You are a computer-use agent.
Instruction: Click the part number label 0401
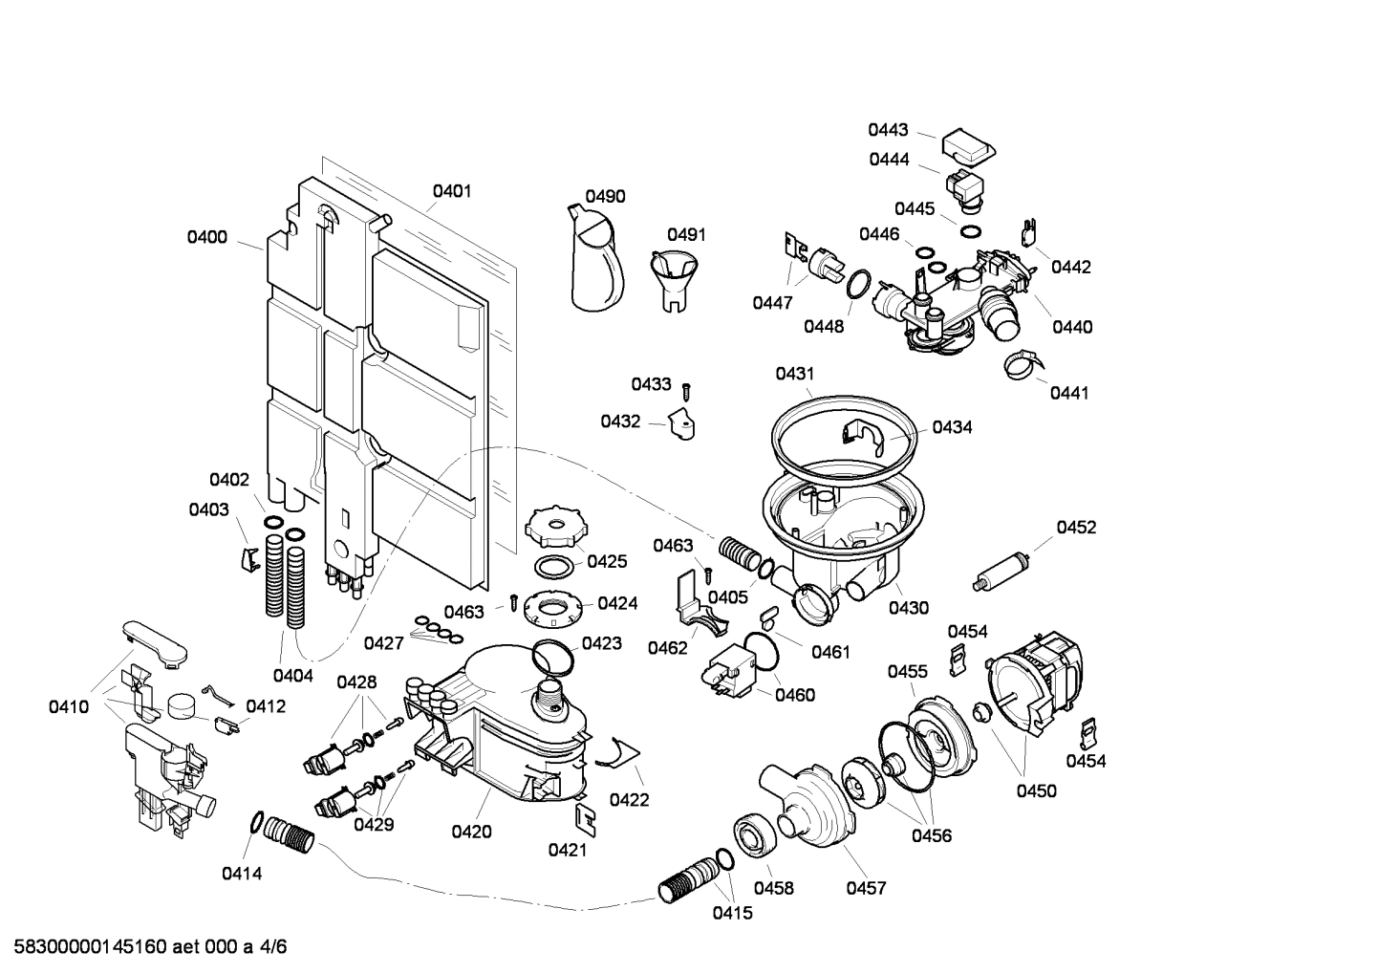(x=452, y=191)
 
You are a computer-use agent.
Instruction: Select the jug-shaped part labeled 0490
(x=595, y=263)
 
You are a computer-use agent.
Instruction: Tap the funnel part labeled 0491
(x=675, y=277)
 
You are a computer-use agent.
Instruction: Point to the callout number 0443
(x=888, y=131)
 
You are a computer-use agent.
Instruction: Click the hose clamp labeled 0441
(x=1021, y=364)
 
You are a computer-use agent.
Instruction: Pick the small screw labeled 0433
(x=686, y=390)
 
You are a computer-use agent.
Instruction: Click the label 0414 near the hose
(x=242, y=873)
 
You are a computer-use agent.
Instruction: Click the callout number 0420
(x=471, y=832)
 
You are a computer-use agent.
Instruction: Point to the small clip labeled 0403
(x=249, y=558)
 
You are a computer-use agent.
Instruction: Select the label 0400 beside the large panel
(x=207, y=237)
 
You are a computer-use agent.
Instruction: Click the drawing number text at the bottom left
(x=143, y=947)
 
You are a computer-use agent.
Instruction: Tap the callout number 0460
(x=795, y=695)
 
